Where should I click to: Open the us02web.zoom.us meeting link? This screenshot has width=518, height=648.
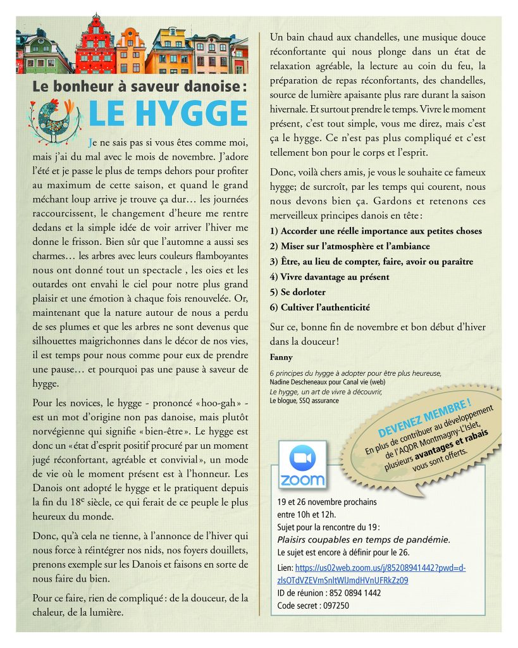pyautogui.click(x=371, y=573)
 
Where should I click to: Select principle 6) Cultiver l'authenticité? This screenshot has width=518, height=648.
pyautogui.click(x=319, y=308)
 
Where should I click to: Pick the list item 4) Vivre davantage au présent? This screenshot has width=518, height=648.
pyautogui.click(x=329, y=277)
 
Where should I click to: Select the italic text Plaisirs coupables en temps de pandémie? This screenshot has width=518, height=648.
pyautogui.click(x=364, y=539)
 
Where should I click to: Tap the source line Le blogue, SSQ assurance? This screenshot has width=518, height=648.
pyautogui.click(x=304, y=401)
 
